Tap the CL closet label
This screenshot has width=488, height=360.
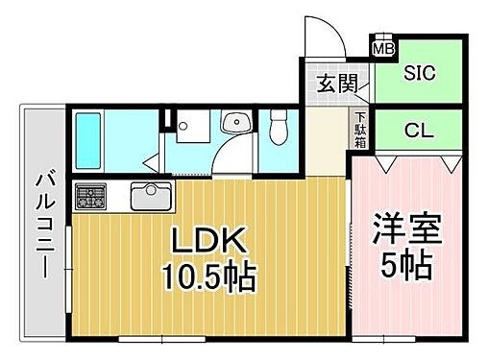point(418,129)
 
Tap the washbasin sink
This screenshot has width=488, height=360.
point(233,122)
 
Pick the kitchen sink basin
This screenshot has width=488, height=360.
point(149,197)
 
